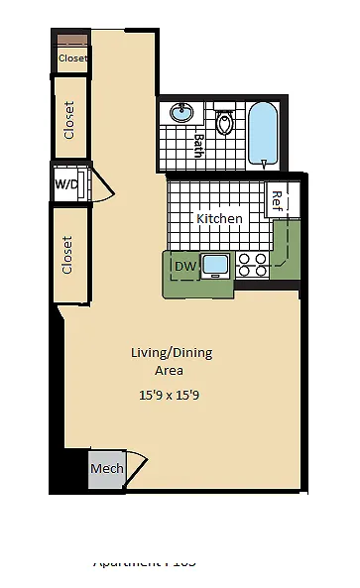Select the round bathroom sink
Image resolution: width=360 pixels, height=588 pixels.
[x=181, y=113]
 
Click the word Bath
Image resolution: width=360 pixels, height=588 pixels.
[x=198, y=147]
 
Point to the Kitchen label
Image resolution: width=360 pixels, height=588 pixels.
[x=219, y=218]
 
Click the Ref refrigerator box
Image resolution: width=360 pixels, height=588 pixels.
[x=278, y=200]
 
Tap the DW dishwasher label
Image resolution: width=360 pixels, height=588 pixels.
[x=184, y=266]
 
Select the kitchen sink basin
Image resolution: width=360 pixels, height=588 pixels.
[x=215, y=265]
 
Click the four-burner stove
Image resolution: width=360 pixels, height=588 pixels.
[x=253, y=265]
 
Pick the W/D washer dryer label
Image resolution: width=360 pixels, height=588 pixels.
[x=66, y=184]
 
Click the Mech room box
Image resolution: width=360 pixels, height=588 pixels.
[x=106, y=468]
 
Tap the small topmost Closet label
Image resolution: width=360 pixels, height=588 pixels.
[x=72, y=59]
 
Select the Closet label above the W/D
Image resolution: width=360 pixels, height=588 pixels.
[x=69, y=120]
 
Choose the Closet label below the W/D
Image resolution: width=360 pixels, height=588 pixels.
[x=68, y=255]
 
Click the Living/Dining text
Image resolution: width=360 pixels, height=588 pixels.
[x=172, y=352]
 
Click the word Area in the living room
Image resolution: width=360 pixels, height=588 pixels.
[x=169, y=370]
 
